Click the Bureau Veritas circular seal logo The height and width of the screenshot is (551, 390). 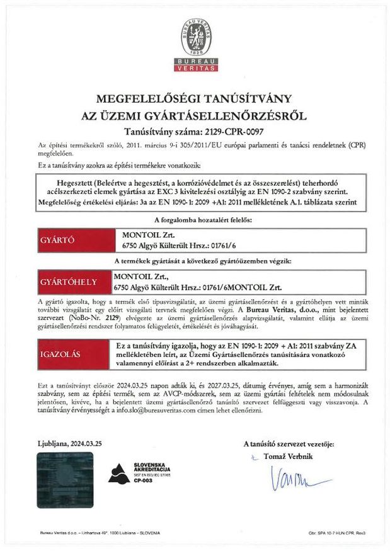click(195, 35)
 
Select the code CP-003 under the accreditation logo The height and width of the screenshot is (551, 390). click(143, 480)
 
